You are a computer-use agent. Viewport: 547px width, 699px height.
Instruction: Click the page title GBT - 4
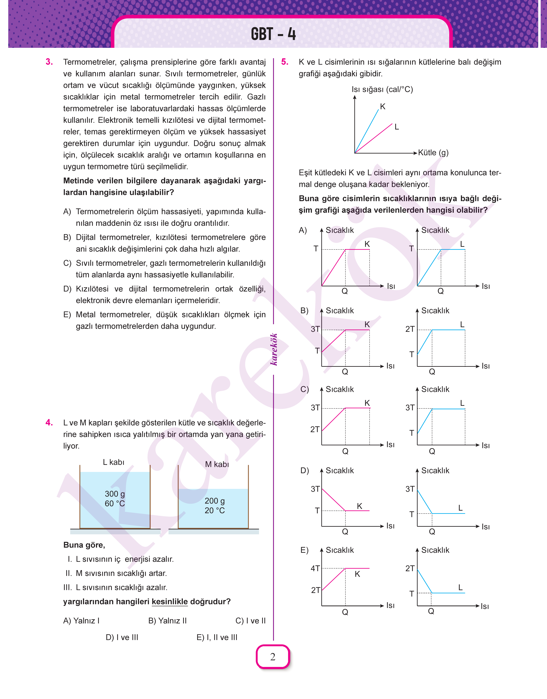(x=273, y=34)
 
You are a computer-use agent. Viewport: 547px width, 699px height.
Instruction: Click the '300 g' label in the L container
(x=115, y=494)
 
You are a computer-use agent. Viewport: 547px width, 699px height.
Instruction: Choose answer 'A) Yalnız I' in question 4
(x=81, y=621)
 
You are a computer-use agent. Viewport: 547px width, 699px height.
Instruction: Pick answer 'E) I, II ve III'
(x=217, y=637)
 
